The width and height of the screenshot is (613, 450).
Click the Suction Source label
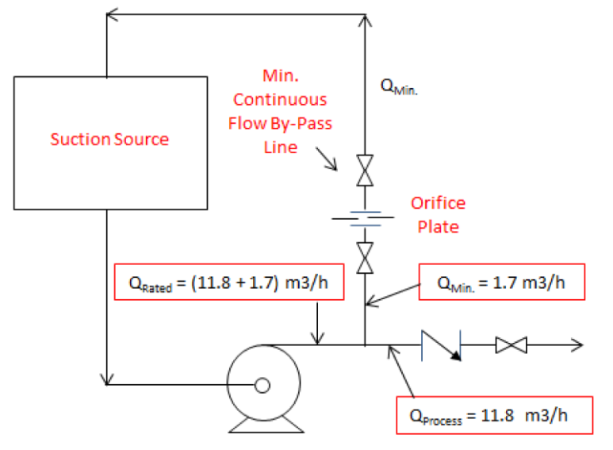point(109,140)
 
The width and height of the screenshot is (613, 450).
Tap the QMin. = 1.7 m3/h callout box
point(492,281)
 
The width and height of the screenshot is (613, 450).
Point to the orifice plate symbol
point(364,219)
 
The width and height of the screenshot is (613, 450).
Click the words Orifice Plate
point(439,214)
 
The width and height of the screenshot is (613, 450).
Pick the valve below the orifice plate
point(364,259)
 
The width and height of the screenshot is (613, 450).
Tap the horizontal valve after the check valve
point(511,345)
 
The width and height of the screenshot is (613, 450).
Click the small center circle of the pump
point(262,386)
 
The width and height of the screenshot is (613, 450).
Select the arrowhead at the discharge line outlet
point(578,345)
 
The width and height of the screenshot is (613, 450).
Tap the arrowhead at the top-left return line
point(112,13)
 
